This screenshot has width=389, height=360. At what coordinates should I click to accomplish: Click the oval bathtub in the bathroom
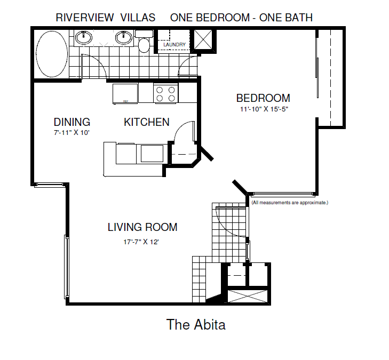[52, 53]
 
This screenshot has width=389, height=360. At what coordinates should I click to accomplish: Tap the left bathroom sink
[83, 37]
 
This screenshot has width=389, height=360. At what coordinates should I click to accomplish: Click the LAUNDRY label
[174, 45]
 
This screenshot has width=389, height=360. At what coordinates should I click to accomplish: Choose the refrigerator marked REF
[125, 94]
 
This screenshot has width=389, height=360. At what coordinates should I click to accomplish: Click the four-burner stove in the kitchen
[165, 94]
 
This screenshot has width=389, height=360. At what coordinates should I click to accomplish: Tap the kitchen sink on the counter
[152, 154]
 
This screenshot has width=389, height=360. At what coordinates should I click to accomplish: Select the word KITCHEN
[147, 122]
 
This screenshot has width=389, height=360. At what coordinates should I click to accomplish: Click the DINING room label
[72, 122]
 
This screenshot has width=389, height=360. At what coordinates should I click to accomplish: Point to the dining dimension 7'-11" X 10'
[71, 133]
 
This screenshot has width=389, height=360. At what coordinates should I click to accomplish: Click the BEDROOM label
[263, 98]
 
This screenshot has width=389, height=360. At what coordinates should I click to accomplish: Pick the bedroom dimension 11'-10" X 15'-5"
[264, 109]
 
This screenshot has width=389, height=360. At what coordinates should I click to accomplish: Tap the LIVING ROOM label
[142, 227]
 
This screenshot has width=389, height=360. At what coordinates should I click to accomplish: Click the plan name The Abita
[196, 324]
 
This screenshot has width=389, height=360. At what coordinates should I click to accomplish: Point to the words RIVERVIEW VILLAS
[106, 18]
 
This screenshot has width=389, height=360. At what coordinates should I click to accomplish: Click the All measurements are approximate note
[290, 203]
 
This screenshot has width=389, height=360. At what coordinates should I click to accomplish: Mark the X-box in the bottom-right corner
[247, 295]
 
